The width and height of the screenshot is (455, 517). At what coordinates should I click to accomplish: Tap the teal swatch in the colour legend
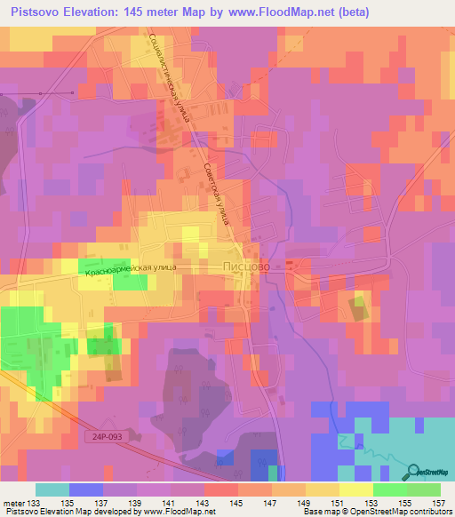pos(52,489)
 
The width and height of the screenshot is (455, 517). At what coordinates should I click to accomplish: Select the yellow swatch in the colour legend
pos(355,489)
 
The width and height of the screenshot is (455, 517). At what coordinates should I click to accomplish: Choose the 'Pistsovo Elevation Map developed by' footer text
pos(65,512)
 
